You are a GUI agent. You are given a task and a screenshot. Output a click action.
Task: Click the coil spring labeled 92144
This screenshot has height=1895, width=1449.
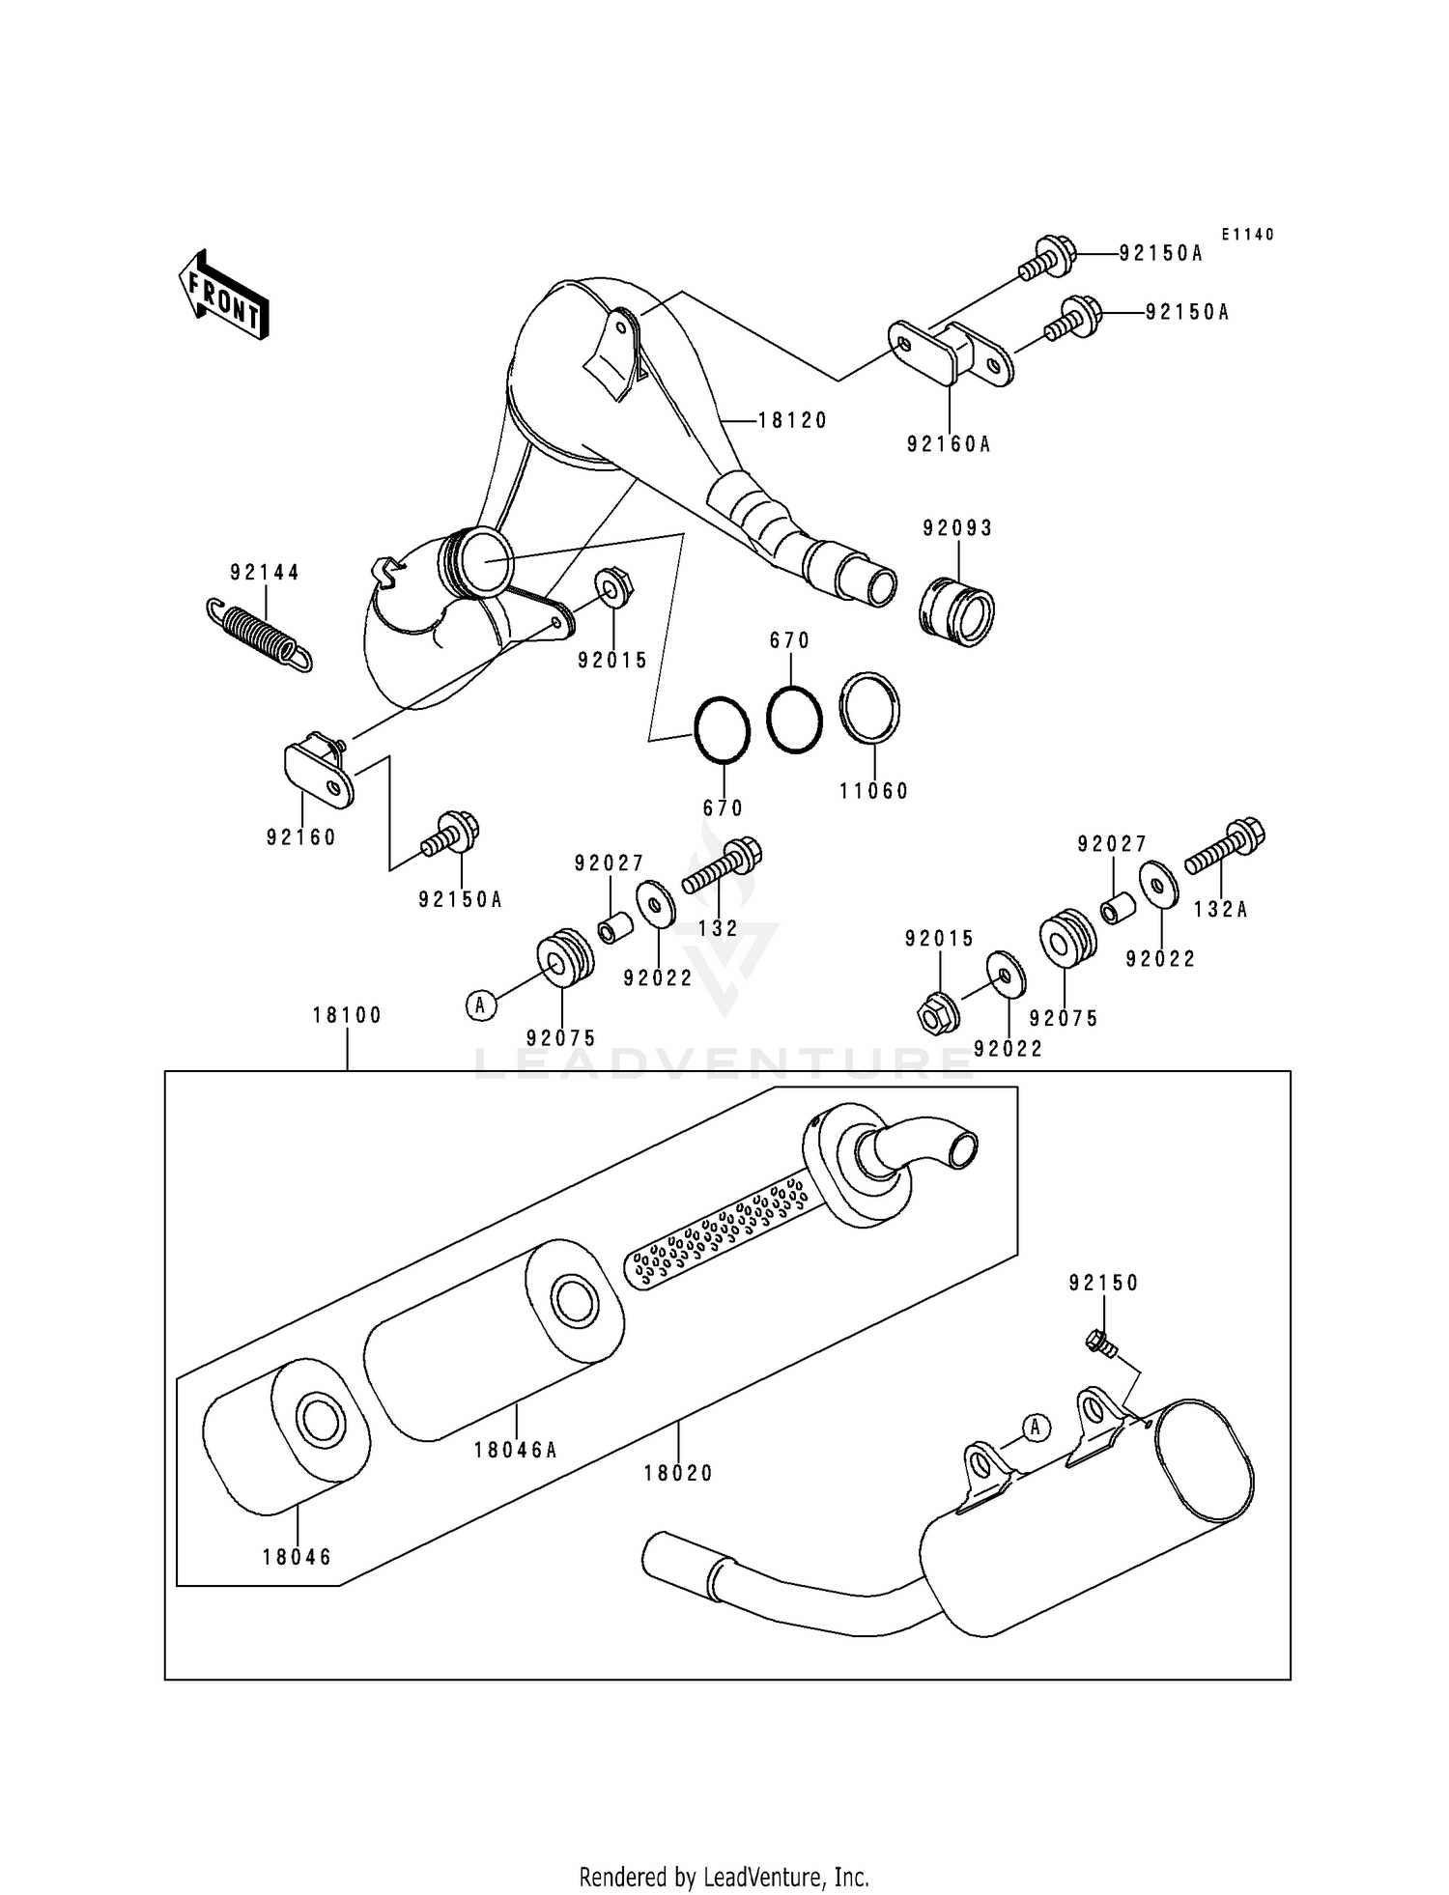coord(260,633)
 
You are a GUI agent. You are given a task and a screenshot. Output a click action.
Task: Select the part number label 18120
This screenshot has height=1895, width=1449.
coord(793,420)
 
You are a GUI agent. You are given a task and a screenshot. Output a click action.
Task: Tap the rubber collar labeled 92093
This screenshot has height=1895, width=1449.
coord(956,611)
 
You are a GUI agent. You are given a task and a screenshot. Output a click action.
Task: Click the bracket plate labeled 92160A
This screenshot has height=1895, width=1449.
coord(951,354)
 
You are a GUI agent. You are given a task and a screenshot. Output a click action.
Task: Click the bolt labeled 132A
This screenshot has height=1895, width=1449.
coord(1225,846)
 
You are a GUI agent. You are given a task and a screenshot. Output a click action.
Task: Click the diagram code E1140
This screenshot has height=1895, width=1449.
coord(1248,235)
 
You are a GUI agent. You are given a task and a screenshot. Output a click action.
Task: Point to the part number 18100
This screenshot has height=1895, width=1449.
coord(348,1015)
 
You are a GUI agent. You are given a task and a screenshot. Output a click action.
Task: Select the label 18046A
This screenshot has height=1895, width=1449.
coord(516,1450)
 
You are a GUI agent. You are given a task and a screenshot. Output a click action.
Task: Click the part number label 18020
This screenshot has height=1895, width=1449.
coord(678,1473)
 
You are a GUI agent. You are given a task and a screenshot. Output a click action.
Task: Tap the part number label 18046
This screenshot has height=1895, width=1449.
coord(297,1557)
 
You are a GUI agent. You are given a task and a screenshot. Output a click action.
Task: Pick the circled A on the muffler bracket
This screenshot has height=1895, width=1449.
coord(1036,1427)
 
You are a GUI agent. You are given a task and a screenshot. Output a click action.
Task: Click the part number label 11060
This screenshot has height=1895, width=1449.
coord(874,791)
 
